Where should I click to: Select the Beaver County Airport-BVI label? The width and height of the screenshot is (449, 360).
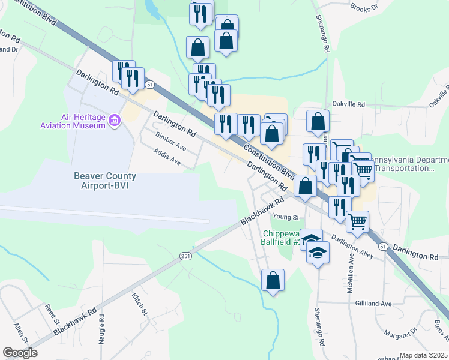105,181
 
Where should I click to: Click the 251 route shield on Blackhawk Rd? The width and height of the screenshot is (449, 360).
186,256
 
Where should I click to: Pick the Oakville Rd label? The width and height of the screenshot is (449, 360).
348,104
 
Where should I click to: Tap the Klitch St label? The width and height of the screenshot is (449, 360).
139,304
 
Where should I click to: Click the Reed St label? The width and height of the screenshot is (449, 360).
51,313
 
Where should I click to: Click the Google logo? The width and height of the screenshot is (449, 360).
20,353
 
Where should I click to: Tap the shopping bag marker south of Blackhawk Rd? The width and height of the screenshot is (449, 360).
273,280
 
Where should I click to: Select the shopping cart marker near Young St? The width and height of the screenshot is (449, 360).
358,221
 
